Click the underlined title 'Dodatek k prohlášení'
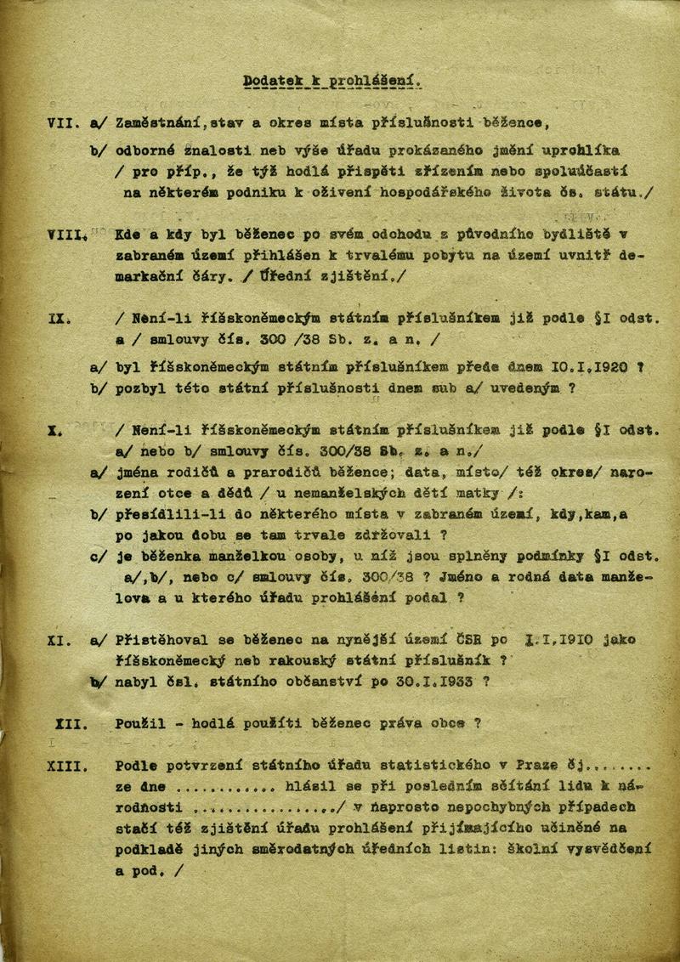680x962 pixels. [331, 82]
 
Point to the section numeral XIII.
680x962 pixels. [68, 767]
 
